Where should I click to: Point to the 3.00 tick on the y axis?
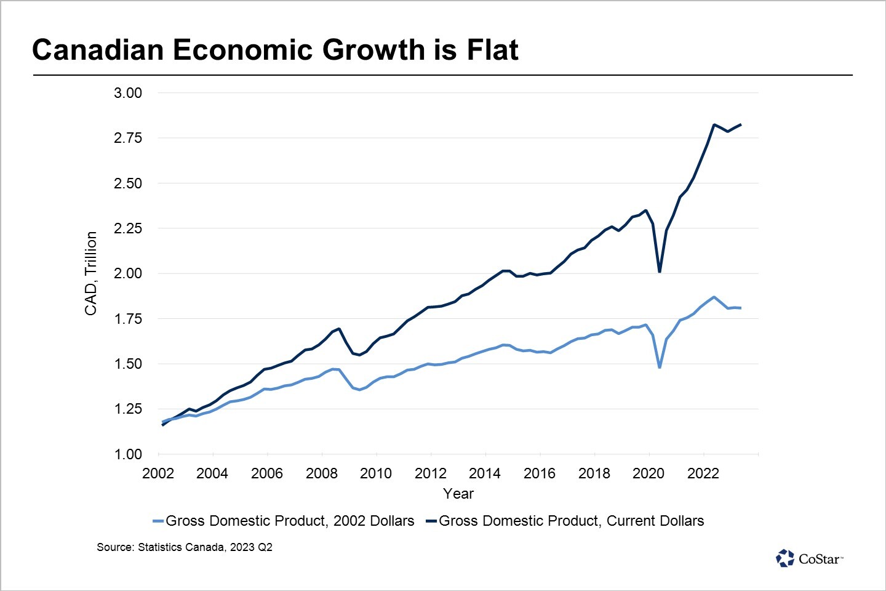[128, 93]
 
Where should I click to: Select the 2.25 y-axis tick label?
[128, 228]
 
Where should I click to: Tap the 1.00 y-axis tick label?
[128, 454]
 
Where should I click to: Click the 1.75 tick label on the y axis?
[128, 319]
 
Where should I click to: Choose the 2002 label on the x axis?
[158, 473]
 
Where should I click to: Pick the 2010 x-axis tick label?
[376, 473]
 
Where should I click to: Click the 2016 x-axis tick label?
[540, 473]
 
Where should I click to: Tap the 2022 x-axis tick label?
[703, 473]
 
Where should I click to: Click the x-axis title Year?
[458, 494]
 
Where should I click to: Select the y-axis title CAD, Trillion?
[91, 273]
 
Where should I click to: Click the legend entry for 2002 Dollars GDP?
[284, 521]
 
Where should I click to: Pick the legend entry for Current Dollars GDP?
[565, 521]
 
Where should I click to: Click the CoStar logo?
[809, 558]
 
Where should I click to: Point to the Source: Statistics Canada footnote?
[185, 547]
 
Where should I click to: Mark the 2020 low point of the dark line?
[660, 271]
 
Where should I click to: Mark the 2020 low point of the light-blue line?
[660, 368]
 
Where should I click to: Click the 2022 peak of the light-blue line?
[714, 297]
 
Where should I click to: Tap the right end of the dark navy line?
[741, 124]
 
